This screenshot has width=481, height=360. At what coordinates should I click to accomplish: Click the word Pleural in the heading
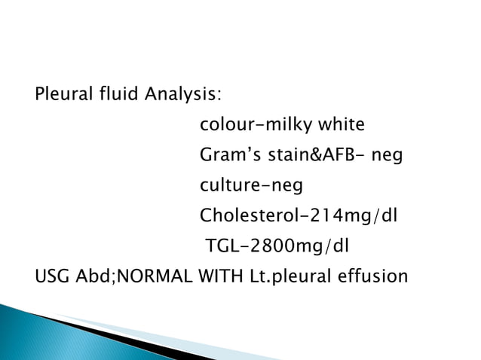pos(61,96)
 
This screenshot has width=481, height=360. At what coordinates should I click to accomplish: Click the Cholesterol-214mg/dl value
pos(298,216)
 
